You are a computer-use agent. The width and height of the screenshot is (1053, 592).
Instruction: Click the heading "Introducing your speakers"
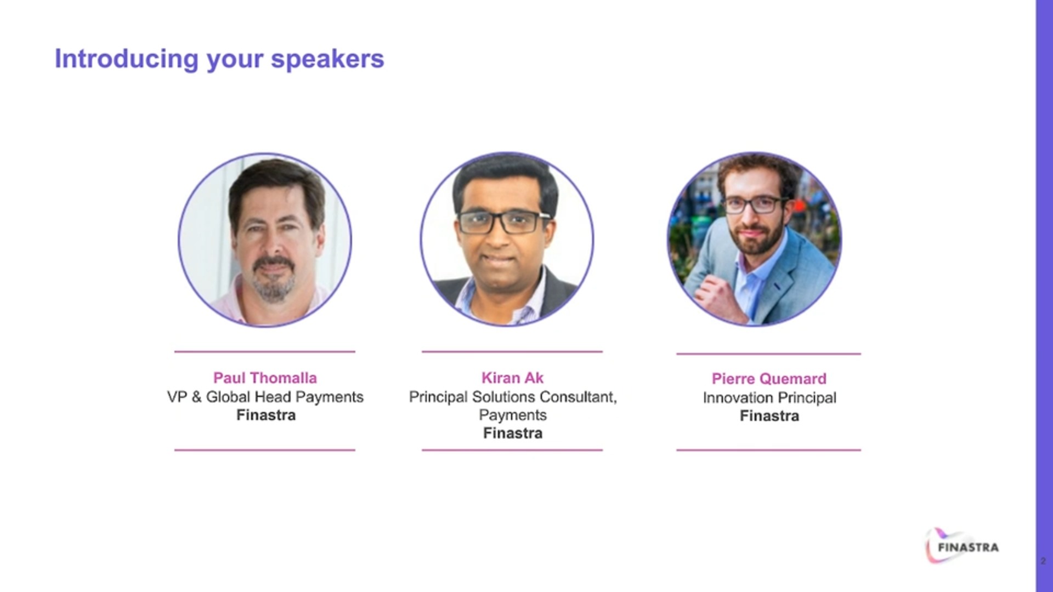click(219, 60)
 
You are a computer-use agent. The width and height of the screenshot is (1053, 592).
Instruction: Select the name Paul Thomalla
click(265, 378)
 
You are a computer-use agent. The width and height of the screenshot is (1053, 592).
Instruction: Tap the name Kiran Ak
click(512, 378)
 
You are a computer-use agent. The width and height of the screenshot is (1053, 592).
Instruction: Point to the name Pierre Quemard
click(769, 379)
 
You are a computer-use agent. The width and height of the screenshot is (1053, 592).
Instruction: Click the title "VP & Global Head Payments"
click(265, 397)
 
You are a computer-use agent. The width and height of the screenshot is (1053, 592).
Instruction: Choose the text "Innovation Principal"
click(769, 398)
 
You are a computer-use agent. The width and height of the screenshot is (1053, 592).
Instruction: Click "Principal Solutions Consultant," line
click(513, 397)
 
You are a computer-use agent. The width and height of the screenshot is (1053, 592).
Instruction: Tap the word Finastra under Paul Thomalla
click(266, 415)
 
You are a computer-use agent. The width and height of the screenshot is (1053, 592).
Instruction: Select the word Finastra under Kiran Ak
click(513, 434)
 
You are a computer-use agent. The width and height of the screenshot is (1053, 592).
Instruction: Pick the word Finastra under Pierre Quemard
click(769, 417)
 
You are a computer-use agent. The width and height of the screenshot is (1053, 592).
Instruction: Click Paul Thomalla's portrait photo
click(265, 240)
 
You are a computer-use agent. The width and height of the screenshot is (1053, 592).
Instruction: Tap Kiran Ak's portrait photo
click(507, 239)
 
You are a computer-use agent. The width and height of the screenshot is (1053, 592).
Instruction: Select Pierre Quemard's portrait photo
click(754, 239)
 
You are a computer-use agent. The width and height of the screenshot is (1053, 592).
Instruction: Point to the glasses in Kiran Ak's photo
click(503, 222)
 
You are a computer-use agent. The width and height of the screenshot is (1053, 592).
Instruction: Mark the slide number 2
click(1043, 561)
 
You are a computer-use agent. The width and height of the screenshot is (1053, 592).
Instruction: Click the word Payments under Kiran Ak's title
click(513, 415)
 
